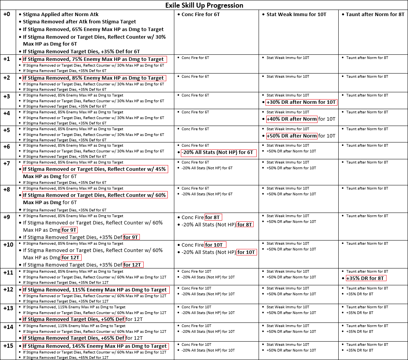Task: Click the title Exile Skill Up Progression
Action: [x=204, y=5]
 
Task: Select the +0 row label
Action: [x=7, y=14]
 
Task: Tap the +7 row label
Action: [x=7, y=164]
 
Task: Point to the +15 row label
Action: [x=8, y=346]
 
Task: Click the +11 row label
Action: [x=8, y=273]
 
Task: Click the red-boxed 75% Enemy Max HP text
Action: [x=94, y=59]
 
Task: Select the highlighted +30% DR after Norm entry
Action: [x=301, y=102]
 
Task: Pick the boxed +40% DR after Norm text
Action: [x=292, y=119]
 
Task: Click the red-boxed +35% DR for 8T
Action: [x=365, y=278]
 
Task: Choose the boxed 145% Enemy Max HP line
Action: [x=95, y=346]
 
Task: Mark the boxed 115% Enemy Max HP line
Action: [x=95, y=290]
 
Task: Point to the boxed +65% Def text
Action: [x=74, y=338]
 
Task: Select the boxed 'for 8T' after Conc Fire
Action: [x=213, y=217]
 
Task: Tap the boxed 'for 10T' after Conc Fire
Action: [x=215, y=245]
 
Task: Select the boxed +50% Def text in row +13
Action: [x=74, y=319]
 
